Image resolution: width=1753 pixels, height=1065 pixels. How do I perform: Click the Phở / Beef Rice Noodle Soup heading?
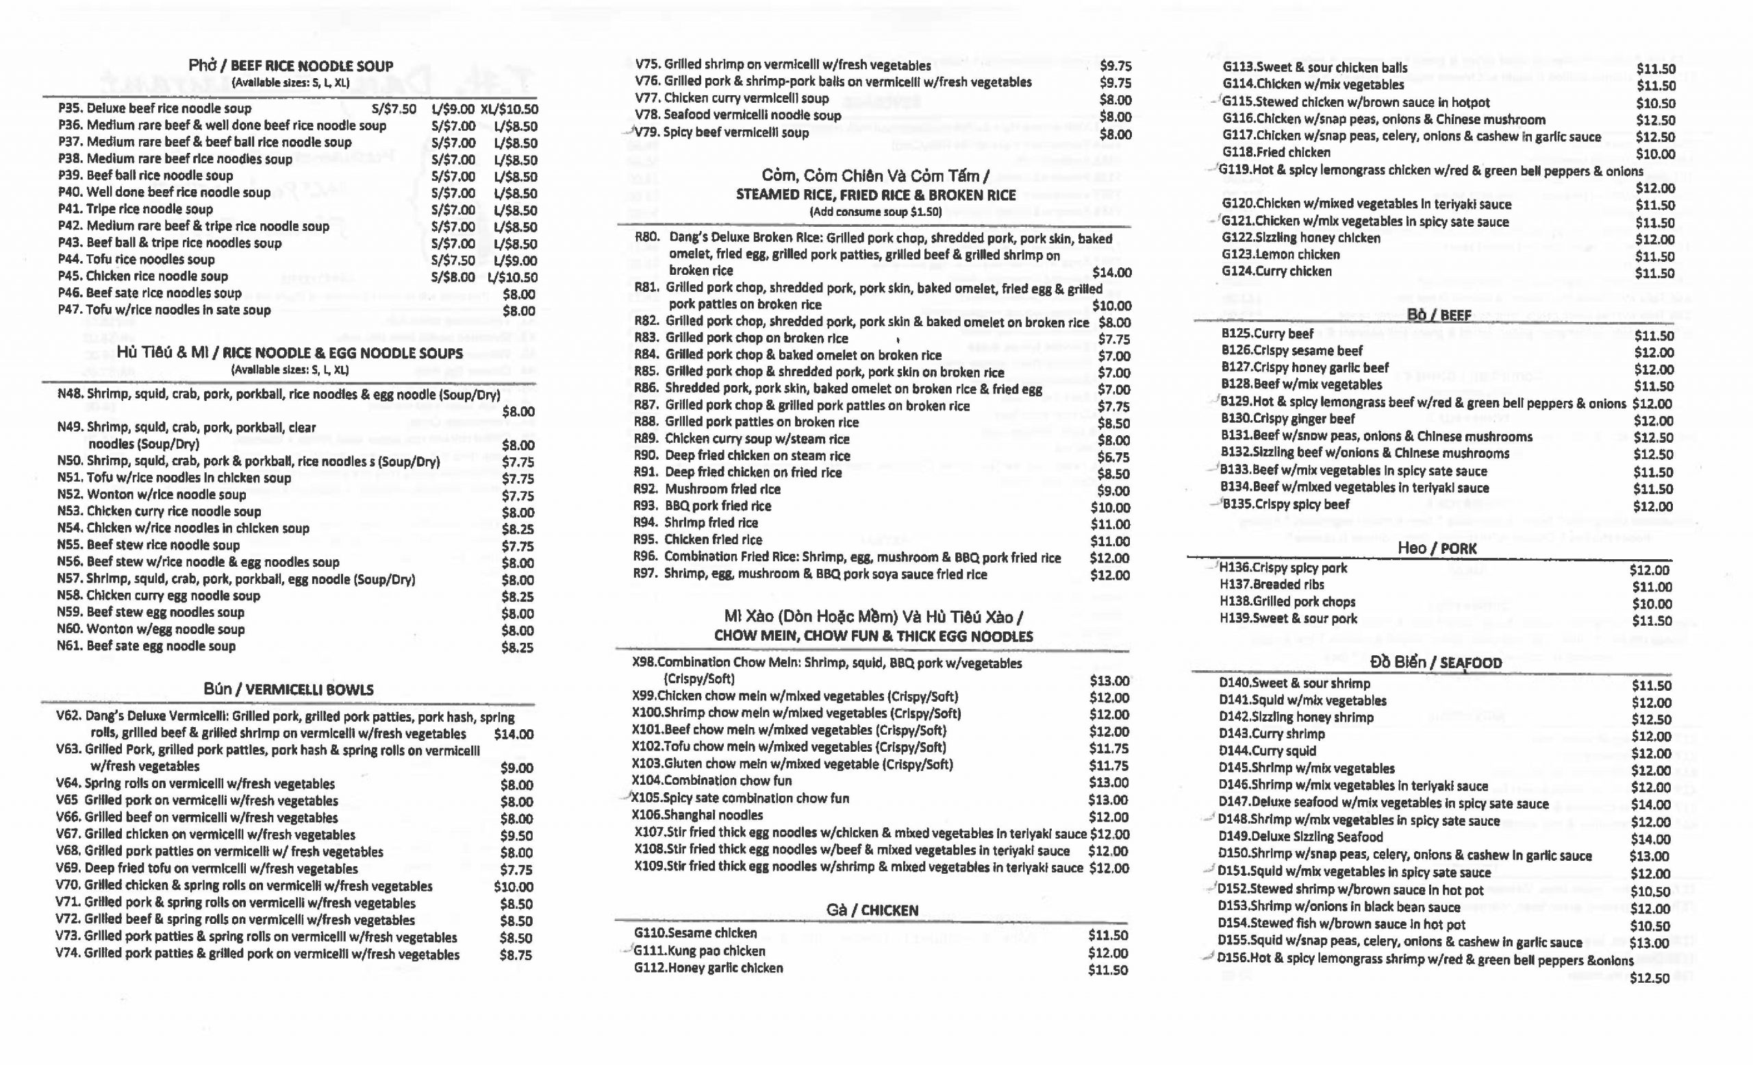coord(290,66)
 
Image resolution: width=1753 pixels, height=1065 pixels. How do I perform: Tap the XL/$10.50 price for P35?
coord(509,109)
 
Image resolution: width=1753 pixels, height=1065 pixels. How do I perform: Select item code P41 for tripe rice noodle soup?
coord(71,209)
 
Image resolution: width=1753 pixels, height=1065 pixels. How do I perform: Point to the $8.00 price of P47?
coord(518,311)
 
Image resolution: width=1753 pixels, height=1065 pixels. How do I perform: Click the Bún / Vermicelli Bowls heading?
coord(288,689)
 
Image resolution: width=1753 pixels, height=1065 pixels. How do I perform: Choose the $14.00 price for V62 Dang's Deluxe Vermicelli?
coord(513,734)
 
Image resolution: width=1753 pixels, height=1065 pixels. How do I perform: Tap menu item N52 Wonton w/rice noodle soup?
coord(151,495)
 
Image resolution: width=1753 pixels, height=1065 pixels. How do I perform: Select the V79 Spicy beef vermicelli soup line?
coord(722,132)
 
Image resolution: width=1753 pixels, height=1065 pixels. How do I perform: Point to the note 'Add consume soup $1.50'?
coord(875,212)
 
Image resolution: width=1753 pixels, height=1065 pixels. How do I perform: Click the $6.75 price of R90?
coord(1113,456)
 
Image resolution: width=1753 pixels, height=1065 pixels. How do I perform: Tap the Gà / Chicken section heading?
coord(872,910)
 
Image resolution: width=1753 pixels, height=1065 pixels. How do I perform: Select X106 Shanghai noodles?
coord(697,815)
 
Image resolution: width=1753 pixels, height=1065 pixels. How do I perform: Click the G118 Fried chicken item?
coord(1276,152)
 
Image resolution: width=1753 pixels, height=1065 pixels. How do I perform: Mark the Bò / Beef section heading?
coord(1439,315)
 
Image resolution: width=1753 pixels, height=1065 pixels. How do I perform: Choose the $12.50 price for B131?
coord(1654,438)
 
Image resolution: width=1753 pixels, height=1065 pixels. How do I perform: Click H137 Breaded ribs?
coord(1272,585)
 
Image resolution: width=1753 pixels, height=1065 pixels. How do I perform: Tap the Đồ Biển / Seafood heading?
coord(1436,663)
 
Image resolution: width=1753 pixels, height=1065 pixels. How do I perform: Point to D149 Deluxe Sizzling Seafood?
coord(1300,837)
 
